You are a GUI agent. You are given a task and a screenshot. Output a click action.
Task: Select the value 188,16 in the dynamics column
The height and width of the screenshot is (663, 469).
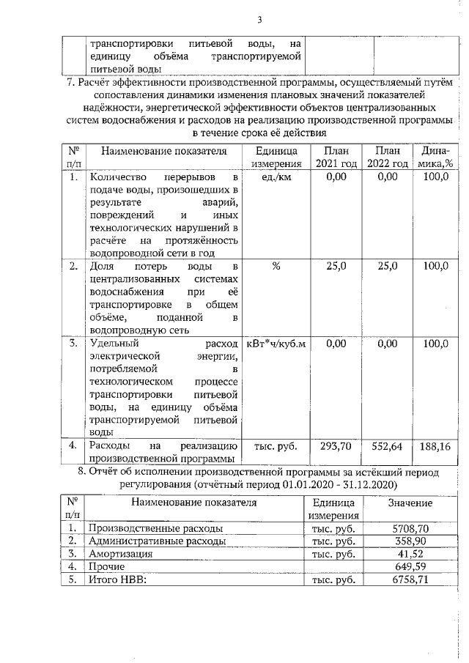pyautogui.click(x=435, y=445)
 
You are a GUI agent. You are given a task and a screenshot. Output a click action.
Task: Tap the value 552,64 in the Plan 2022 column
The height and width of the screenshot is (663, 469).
pyautogui.click(x=388, y=445)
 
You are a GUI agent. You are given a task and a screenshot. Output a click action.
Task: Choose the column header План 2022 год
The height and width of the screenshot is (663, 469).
pyautogui.click(x=388, y=157)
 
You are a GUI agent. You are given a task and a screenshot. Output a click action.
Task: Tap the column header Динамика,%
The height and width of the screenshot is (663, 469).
pyautogui.click(x=435, y=157)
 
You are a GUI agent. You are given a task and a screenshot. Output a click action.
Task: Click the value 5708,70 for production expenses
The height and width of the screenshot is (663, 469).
pyautogui.click(x=410, y=527)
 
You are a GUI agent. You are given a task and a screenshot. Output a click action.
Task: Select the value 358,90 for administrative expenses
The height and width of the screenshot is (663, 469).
pyautogui.click(x=410, y=541)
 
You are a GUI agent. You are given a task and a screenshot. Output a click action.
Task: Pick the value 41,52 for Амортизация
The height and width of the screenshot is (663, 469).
pyautogui.click(x=410, y=554)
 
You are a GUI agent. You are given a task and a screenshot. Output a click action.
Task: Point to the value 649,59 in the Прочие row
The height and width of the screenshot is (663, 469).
pyautogui.click(x=410, y=567)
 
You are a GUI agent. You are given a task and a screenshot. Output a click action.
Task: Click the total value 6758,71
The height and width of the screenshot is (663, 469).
pyautogui.click(x=410, y=580)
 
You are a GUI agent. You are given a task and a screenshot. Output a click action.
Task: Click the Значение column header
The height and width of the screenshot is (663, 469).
pyautogui.click(x=410, y=504)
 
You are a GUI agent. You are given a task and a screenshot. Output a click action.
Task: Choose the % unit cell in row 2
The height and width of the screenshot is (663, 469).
pyautogui.click(x=276, y=266)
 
